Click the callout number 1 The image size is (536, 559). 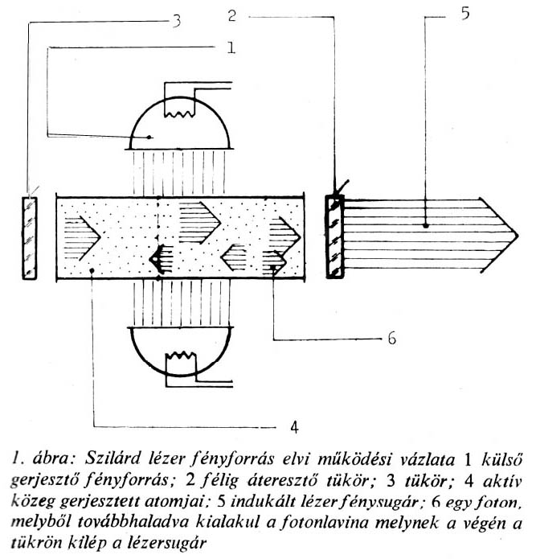coord(230,48)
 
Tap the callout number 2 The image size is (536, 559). coord(232,15)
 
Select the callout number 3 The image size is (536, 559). coord(176,22)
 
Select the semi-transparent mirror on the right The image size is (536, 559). coord(333,236)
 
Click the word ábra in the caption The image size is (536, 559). coord(43,460)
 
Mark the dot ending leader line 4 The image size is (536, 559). coord(94,272)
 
